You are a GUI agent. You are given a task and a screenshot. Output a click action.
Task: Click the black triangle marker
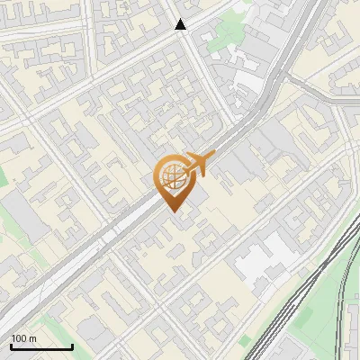click(x=181, y=25)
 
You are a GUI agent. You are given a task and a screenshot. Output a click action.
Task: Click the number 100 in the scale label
click(x=19, y=338)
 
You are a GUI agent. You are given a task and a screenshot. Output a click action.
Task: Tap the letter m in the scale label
click(x=32, y=338)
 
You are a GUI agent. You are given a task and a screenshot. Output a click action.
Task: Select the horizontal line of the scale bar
click(x=41, y=346)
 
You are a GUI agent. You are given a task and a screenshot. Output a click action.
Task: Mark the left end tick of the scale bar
click(x=12, y=345)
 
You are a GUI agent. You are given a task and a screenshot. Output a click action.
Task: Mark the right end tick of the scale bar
click(x=72, y=345)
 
